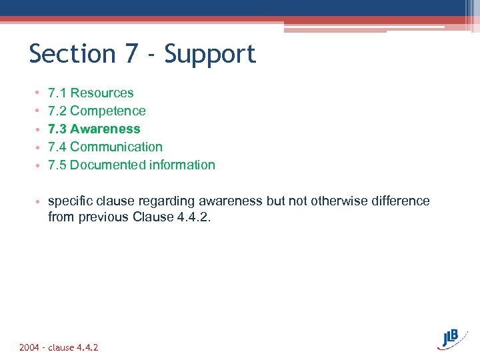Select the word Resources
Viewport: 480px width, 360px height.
(101, 93)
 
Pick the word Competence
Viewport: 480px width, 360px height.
(107, 111)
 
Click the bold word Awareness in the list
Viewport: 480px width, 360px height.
(105, 129)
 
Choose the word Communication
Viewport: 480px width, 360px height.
(116, 147)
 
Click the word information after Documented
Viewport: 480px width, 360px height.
(182, 165)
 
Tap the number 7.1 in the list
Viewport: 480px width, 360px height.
(57, 93)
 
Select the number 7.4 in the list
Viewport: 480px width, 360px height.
(57, 147)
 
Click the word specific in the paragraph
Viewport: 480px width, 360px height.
(70, 201)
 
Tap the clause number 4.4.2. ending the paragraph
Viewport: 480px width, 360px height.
(194, 217)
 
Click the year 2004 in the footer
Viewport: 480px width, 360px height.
(29, 348)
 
